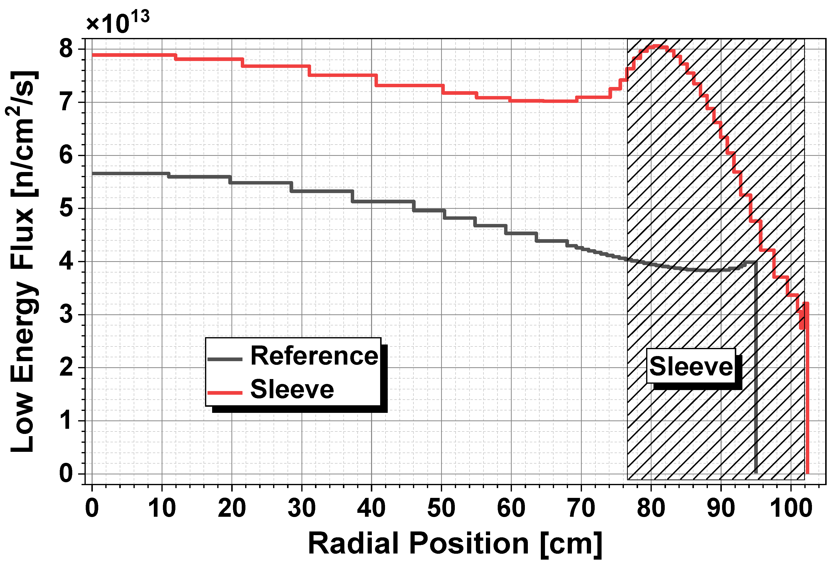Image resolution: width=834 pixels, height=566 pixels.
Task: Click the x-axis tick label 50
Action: [441, 509]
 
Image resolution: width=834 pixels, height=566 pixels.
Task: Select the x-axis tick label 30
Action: [302, 509]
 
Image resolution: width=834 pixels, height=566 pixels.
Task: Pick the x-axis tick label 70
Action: [581, 509]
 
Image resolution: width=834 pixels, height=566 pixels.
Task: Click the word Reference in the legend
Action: [314, 356]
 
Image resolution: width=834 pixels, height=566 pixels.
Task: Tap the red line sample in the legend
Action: [225, 393]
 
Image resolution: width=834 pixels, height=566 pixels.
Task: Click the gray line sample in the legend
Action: [225, 359]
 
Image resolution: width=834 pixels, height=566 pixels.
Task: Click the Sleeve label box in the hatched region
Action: [691, 366]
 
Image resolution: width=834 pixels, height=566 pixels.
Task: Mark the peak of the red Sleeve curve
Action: [657, 46]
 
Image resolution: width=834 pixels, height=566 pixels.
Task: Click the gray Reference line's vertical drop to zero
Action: [756, 368]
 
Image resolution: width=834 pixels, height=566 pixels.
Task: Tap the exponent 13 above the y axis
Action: [140, 16]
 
